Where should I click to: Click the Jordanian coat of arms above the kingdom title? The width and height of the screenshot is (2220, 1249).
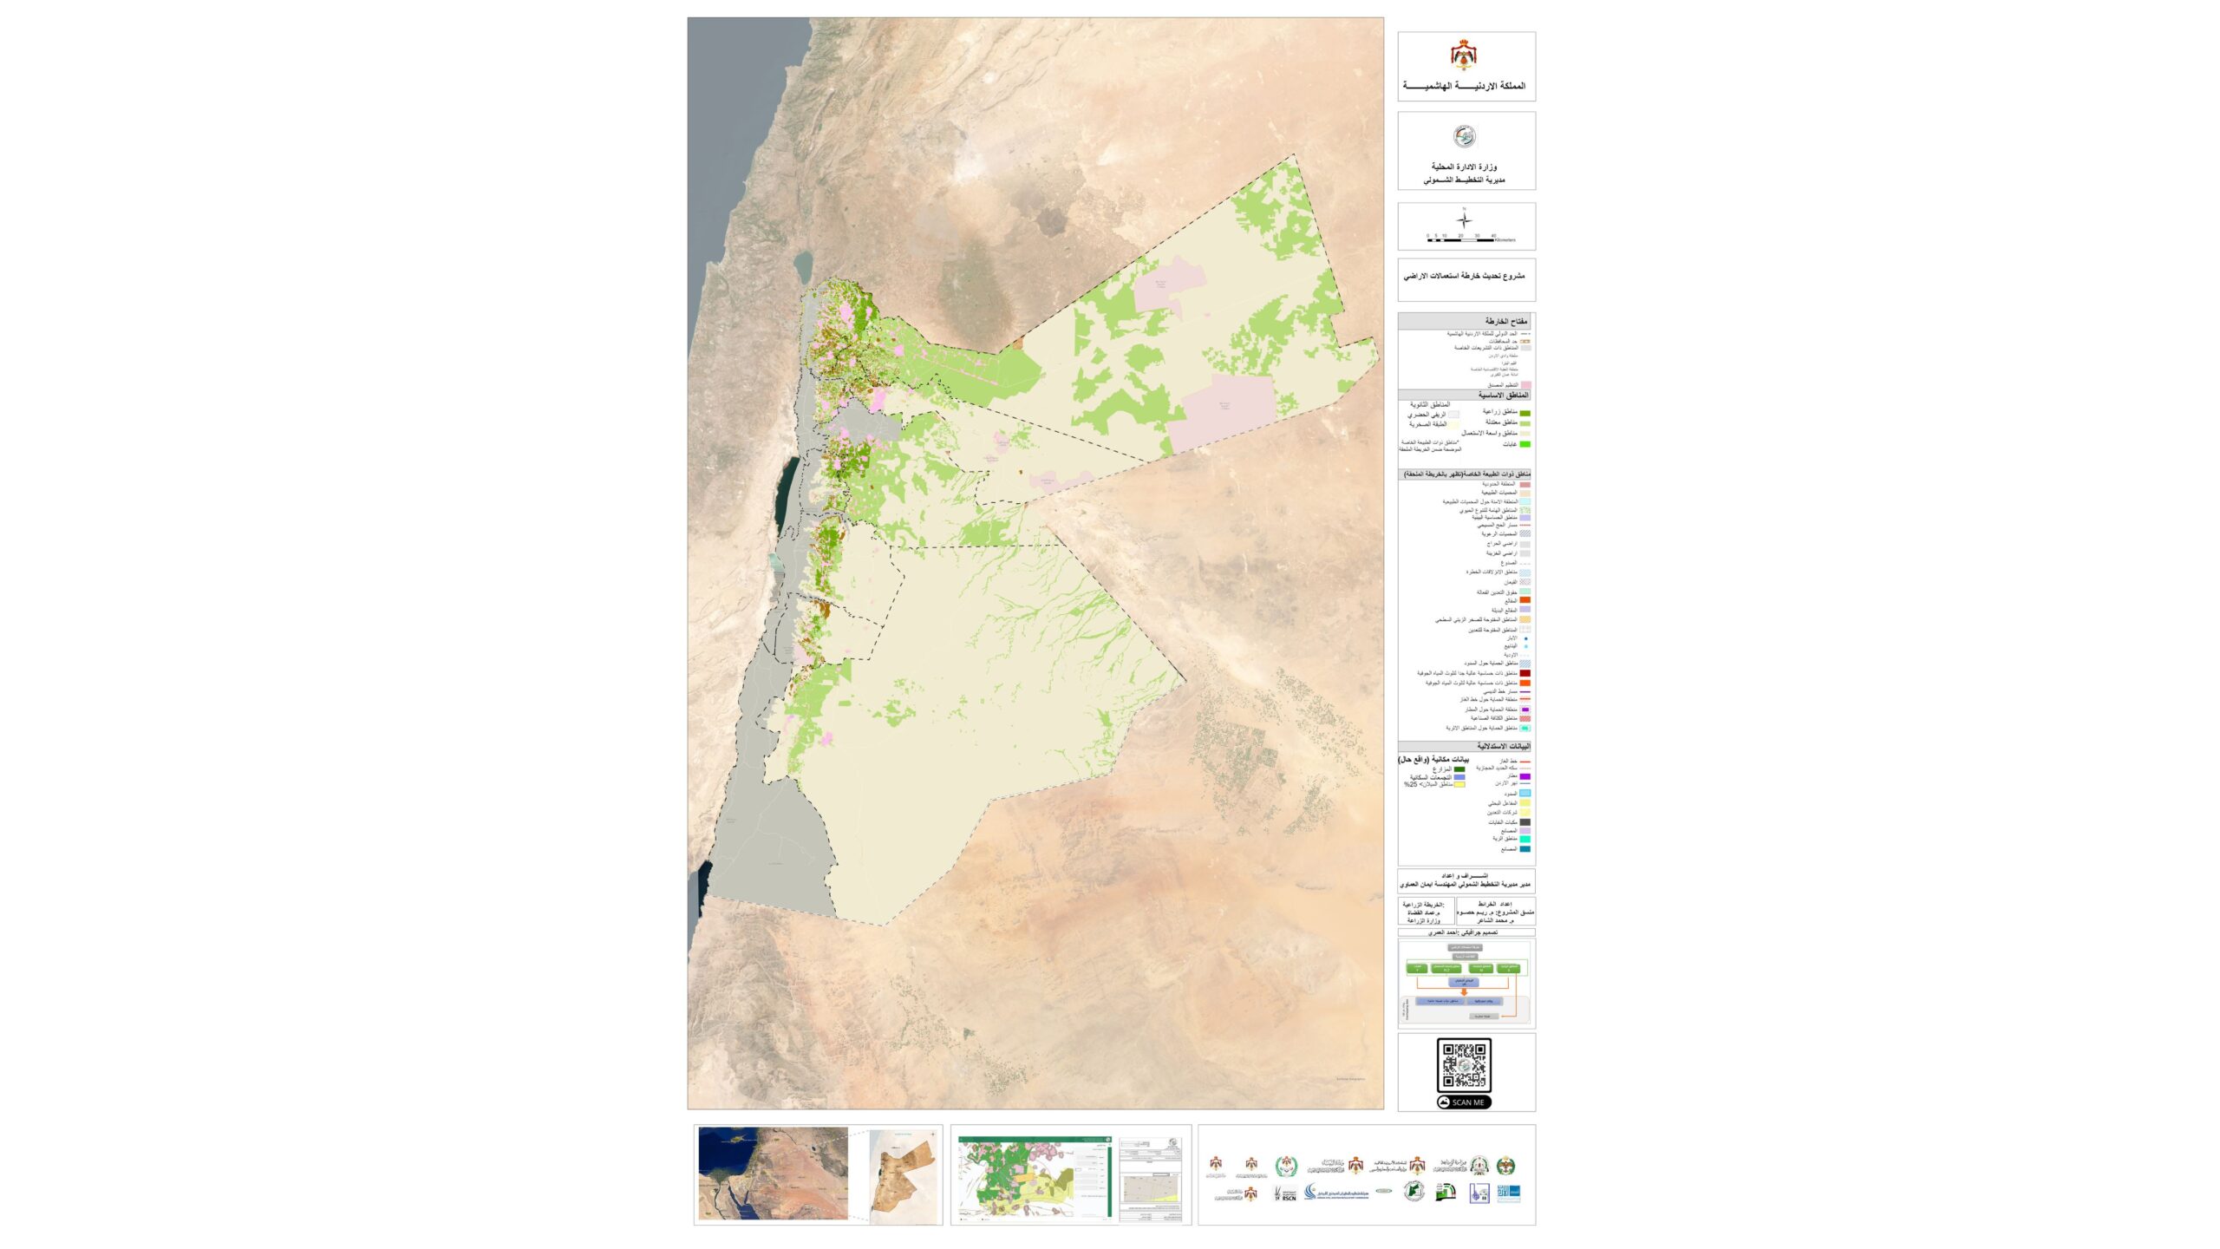point(1464,55)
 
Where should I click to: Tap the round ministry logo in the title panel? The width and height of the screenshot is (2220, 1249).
point(1464,136)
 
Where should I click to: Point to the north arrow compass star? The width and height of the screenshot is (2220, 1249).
point(1464,219)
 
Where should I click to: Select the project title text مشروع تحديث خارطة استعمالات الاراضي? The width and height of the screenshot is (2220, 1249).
point(1464,276)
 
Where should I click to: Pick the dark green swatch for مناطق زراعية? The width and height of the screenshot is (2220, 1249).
point(1525,414)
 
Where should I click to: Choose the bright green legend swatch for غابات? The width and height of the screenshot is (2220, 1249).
point(1525,444)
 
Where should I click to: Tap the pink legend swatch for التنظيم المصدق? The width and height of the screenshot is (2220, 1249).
point(1525,384)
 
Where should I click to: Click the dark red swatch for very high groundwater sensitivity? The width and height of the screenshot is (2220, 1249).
point(1525,673)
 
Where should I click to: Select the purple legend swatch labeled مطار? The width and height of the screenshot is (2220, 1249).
point(1525,776)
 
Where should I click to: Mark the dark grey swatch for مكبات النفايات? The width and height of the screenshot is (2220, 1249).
point(1525,822)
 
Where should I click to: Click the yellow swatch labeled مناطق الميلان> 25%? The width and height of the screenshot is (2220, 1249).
point(1459,784)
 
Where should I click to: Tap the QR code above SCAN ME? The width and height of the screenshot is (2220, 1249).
point(1464,1064)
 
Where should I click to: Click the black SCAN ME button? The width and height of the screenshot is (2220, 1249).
point(1464,1102)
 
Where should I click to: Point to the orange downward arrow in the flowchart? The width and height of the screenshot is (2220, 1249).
point(1465,988)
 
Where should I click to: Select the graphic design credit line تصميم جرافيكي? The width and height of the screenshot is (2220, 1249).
point(1466,932)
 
